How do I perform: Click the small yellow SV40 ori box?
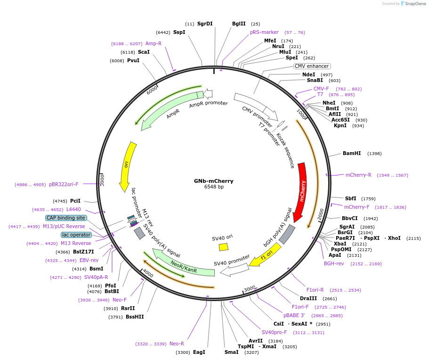[x=223, y=246]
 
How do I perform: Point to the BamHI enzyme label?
[x=352, y=153]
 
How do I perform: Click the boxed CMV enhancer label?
[x=312, y=66]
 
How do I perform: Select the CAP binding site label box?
[x=66, y=218]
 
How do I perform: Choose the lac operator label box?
[x=76, y=235]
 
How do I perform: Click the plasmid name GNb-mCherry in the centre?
[x=214, y=181]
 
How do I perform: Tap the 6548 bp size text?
[x=214, y=187]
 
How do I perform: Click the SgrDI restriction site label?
[x=205, y=24]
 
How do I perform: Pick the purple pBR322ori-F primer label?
[x=64, y=184]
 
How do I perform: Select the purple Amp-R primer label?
[x=153, y=43]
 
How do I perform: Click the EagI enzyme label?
[x=199, y=352]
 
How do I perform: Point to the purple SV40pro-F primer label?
[x=274, y=332]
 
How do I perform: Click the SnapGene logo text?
[x=414, y=4]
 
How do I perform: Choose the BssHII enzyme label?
[x=135, y=317]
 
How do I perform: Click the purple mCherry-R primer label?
[x=358, y=175]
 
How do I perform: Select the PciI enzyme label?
[x=75, y=201]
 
